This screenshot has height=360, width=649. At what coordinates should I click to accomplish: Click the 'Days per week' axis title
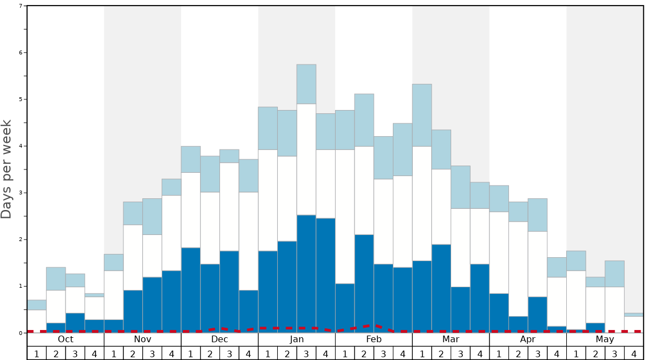7,169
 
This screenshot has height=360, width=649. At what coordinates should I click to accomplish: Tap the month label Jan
297,339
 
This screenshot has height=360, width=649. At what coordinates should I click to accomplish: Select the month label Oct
66,339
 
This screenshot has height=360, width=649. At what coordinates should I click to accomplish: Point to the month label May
605,339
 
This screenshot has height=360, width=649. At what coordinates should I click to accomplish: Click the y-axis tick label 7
21,6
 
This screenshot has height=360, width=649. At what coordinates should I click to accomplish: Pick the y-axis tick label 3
21,193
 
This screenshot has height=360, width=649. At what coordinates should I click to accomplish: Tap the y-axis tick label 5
21,99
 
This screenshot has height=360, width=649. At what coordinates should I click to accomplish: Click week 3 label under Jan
306,353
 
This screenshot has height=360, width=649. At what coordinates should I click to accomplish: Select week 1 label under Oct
37,353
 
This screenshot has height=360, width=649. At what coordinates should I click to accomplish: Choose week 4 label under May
633,353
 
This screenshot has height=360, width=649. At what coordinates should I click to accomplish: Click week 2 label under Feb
364,353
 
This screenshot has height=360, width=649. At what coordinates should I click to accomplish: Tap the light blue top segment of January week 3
306,84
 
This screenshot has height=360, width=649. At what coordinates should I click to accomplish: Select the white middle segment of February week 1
345,217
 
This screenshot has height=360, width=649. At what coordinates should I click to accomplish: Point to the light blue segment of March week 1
422,115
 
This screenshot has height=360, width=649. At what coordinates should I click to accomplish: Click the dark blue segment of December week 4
248,311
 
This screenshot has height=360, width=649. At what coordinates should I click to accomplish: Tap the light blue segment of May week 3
614,274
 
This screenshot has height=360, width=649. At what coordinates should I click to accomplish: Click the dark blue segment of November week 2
133,311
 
